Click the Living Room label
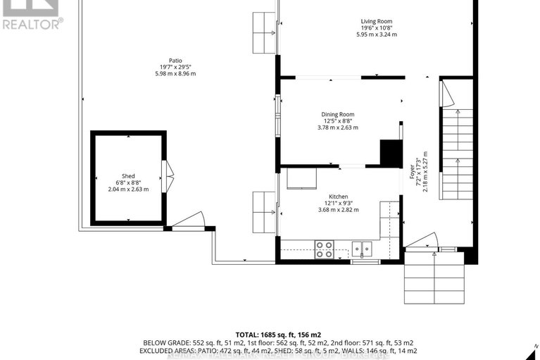point(376,21)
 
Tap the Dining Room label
point(338,114)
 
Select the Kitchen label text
point(338,197)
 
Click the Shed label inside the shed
point(127,176)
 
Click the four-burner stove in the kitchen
point(324,249)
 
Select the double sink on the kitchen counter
point(363,249)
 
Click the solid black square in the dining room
point(391,153)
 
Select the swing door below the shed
point(188,220)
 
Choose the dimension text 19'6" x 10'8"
point(376,28)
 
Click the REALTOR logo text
point(32,23)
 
